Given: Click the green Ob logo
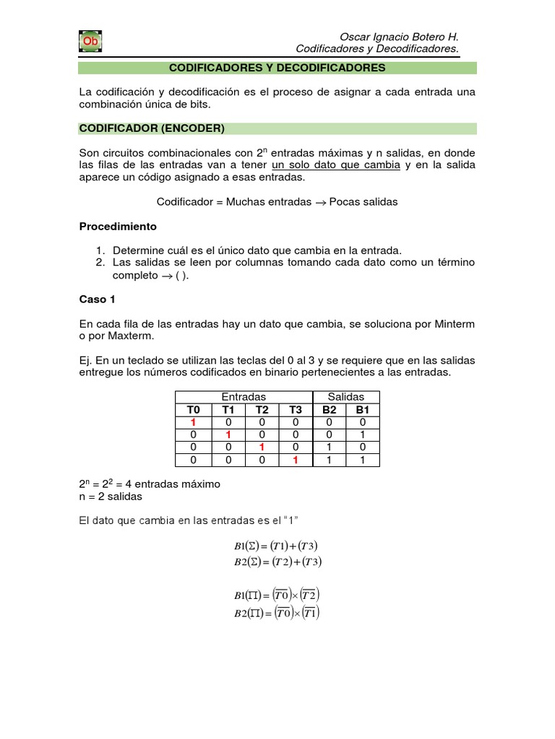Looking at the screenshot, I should (90, 42).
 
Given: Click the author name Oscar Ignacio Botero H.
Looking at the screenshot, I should (399, 37).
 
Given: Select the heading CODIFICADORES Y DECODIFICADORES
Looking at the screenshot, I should (277, 68).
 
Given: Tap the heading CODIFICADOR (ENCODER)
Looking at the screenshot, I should (152, 128).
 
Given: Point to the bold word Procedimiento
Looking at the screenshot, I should (117, 226).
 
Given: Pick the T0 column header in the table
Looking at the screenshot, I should (193, 410).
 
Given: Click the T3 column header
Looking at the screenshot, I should (295, 410).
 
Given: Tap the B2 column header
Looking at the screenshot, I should (330, 410).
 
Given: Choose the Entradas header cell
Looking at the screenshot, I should (244, 397).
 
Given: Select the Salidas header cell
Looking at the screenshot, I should (346, 397).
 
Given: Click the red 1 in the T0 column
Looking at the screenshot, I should (193, 422).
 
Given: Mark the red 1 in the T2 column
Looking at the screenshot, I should (262, 447).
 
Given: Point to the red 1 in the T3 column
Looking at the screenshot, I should (295, 459).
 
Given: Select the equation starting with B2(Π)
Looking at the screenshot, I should (277, 613).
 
